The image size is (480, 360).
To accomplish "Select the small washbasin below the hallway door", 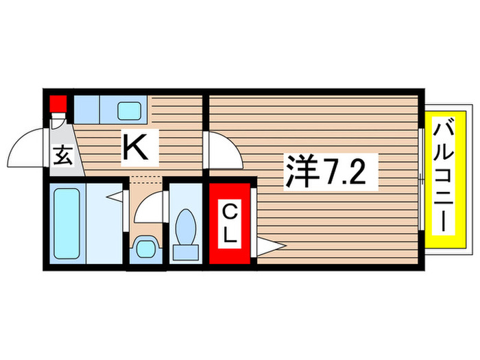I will pos(146,246).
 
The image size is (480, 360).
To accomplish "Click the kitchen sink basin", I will pos(128,110).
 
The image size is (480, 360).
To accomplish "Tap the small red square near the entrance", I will pos(57,104).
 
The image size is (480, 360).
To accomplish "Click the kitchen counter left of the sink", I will pos(86,109).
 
